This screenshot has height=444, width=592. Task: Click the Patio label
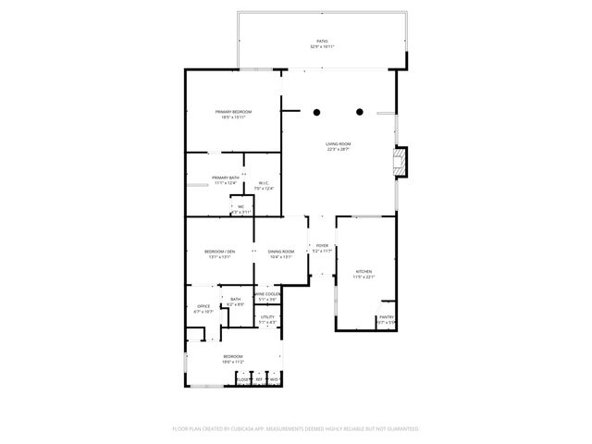coord(322,43)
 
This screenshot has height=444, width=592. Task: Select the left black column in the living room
coord(316,112)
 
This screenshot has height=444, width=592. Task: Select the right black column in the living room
coord(360,112)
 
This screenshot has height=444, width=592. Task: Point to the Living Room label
coord(338,146)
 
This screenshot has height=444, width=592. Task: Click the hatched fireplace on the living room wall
coord(400,163)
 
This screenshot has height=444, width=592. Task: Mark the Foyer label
coord(322,248)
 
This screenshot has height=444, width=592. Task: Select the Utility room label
coord(267,319)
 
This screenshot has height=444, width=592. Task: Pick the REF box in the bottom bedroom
coord(260,378)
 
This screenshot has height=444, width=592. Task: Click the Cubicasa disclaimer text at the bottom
coord(296,429)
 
